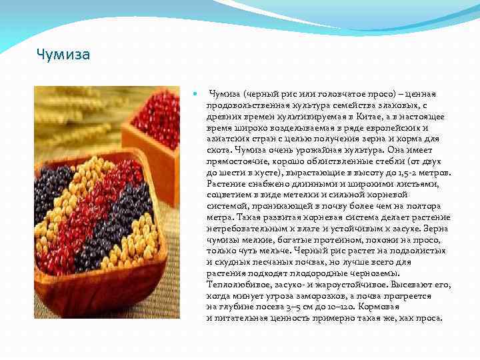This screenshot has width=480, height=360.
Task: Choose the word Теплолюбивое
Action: pos(237,285)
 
